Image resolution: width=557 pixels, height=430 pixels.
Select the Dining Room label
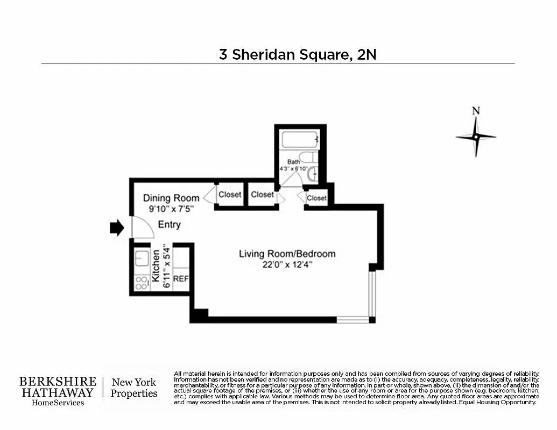pyautogui.click(x=171, y=198)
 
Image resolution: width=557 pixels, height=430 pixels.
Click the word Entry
pyautogui.click(x=169, y=225)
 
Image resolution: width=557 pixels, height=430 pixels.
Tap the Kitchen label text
pyautogui.click(x=156, y=266)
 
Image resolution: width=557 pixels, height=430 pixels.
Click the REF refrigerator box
pyautogui.click(x=181, y=279)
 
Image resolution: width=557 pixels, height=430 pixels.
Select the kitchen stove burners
pyautogui.click(x=142, y=283)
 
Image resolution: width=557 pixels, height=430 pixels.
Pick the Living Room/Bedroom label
pyautogui.click(x=287, y=254)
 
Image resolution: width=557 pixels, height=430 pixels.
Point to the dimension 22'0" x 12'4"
pyautogui.click(x=287, y=264)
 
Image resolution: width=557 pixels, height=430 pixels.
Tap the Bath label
pyautogui.click(x=293, y=161)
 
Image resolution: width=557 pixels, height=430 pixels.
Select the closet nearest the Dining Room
pyautogui.click(x=230, y=195)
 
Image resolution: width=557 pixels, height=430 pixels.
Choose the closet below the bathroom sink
pyautogui.click(x=316, y=198)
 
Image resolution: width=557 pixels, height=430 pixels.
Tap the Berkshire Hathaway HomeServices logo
pyautogui.click(x=58, y=391)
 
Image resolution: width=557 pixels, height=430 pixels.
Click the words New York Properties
pyautogui.click(x=134, y=388)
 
